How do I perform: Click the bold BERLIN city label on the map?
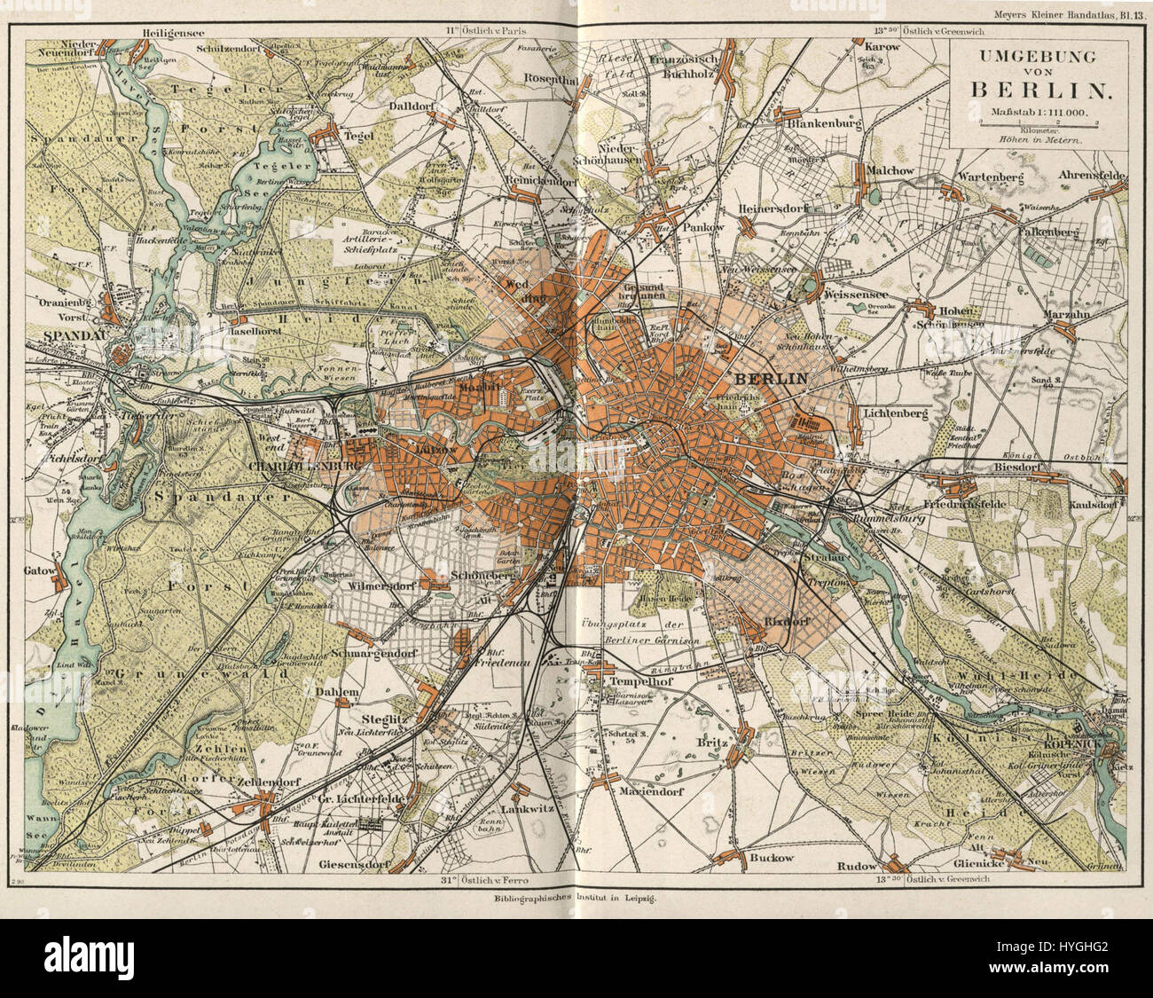coord(767,378)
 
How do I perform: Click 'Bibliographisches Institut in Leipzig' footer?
coord(576,897)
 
